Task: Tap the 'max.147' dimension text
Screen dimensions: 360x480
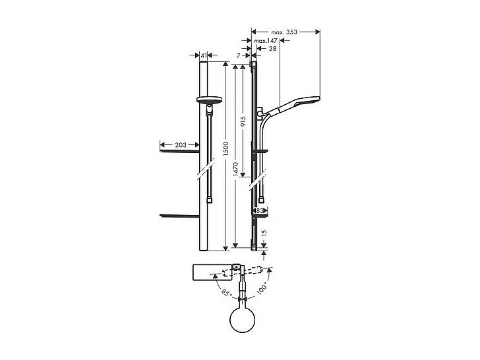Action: (x=268, y=41)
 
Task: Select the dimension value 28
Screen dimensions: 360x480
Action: (x=272, y=49)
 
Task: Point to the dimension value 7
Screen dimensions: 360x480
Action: (x=239, y=56)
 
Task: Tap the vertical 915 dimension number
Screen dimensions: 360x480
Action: (x=243, y=121)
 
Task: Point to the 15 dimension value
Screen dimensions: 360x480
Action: (x=264, y=232)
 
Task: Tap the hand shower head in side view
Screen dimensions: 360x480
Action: (x=301, y=104)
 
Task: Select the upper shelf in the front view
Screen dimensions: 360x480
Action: (x=179, y=152)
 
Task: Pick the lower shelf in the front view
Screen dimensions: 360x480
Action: (x=179, y=215)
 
